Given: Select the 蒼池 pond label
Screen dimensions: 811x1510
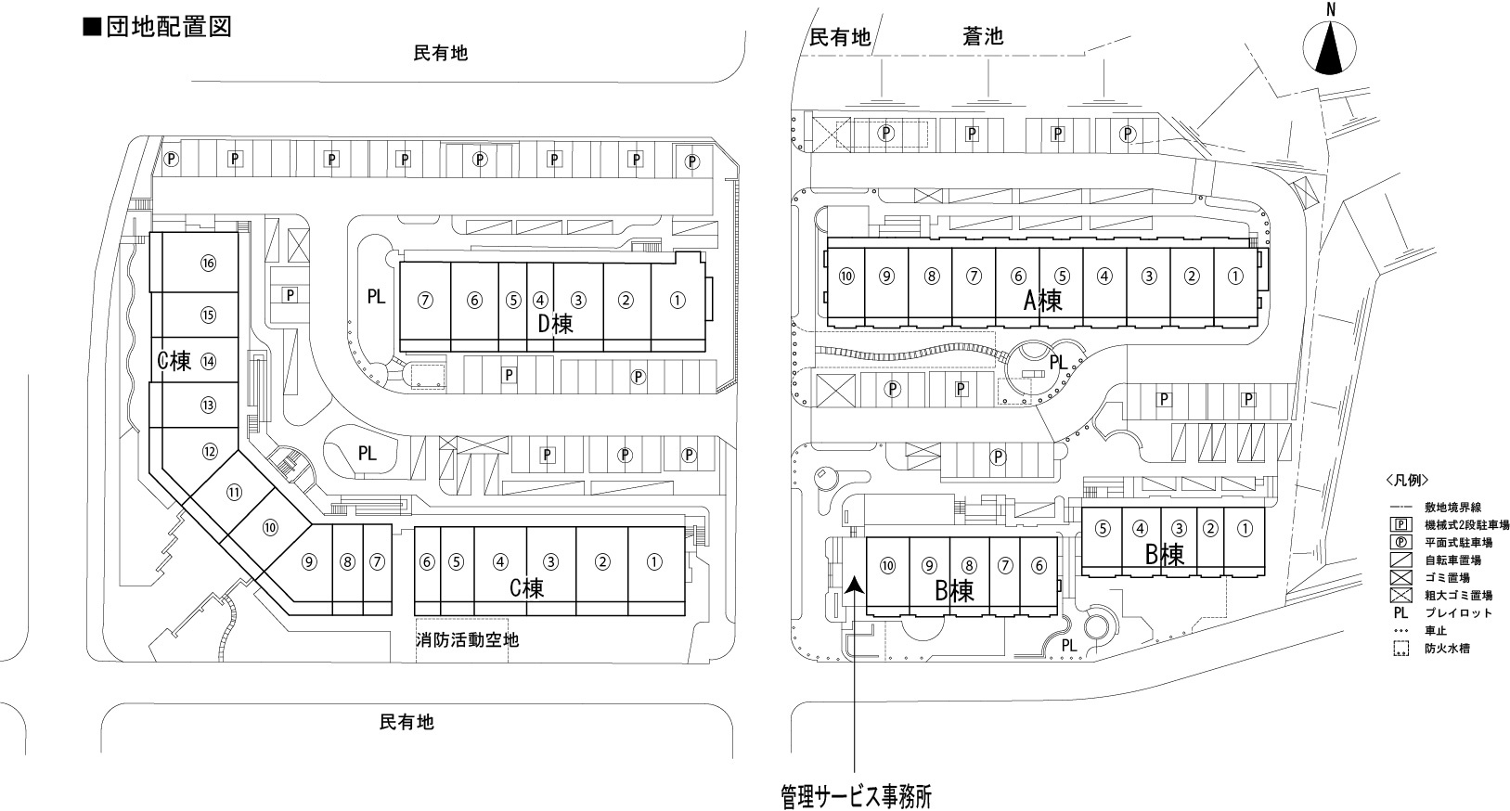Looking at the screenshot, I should [983, 36].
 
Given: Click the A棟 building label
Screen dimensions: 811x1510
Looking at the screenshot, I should [1042, 300].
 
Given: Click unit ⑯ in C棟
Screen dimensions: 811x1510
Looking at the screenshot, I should [208, 264].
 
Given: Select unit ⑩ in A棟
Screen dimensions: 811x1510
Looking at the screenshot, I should [845, 276].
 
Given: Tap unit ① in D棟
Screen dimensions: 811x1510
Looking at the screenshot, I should [678, 300].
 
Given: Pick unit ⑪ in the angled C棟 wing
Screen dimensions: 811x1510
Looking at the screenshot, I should [234, 493].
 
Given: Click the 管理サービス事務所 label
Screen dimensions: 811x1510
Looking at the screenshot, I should [855, 796].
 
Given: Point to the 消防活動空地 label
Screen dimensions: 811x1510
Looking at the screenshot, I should [467, 639].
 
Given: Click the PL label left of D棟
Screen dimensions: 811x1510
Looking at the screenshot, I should [376, 297].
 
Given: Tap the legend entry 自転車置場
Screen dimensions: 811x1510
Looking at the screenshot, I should [1452, 560].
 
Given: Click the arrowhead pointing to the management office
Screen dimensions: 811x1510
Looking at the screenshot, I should [854, 585].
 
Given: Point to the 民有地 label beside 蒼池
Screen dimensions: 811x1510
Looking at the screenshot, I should [840, 37].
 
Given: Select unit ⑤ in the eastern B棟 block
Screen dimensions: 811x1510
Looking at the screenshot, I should [1102, 529].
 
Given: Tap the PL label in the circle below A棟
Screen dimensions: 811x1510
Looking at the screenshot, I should [1056, 363].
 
